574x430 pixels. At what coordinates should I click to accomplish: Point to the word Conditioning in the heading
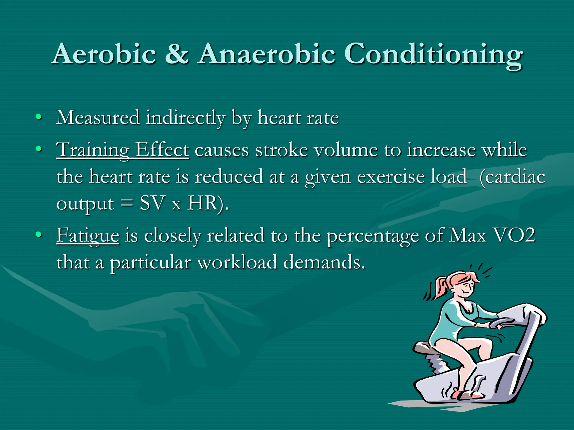point(433,55)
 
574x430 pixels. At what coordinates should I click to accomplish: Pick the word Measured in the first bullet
point(98,118)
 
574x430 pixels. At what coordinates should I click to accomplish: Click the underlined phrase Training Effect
point(122,150)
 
